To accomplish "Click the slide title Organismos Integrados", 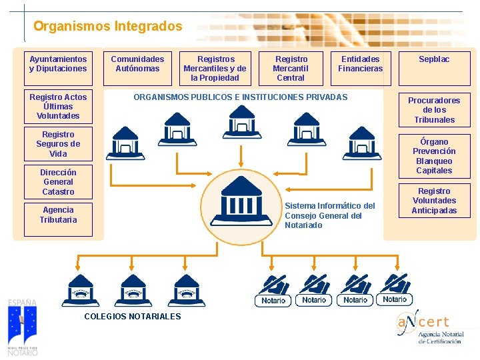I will (107, 27).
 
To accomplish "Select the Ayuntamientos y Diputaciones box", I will (58, 64).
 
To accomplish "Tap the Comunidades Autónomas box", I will (137, 64).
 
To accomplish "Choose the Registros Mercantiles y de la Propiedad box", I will (215, 68).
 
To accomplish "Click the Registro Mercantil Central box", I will (291, 68).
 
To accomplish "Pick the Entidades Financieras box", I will (360, 64).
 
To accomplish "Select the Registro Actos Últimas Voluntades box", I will (58, 106).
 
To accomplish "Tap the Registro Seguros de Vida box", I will (58, 144).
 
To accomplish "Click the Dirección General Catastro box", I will (58, 181).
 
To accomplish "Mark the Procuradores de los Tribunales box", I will (434, 110).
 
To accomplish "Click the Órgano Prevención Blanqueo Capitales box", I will (434, 156).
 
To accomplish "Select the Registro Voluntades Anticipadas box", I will (434, 201).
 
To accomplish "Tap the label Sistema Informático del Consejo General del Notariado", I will (329, 215).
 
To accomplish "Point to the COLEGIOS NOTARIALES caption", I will (132, 316).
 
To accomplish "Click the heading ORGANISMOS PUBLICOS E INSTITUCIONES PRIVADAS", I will (241, 97).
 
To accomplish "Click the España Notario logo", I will (22, 327).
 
